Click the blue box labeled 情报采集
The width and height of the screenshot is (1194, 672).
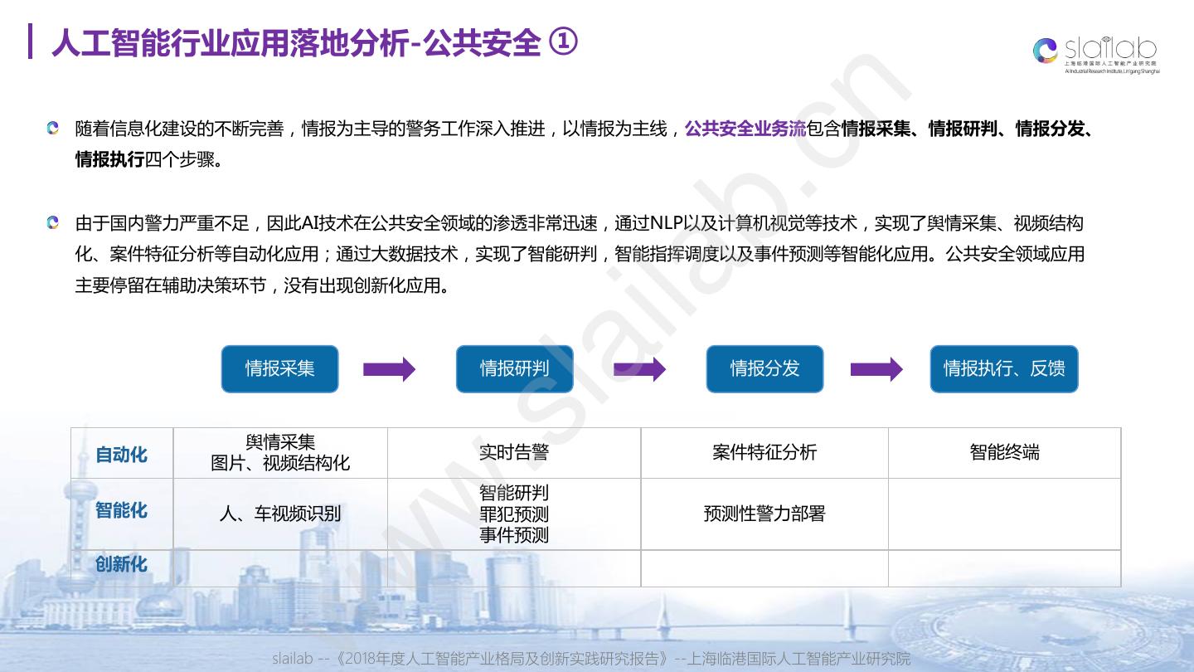279,368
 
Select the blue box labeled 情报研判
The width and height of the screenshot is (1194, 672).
514,368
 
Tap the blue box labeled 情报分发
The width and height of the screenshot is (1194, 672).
764,368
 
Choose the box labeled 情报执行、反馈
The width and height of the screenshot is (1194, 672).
1003,368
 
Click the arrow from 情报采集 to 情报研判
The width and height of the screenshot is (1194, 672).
389,369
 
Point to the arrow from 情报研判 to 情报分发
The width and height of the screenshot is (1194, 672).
639,369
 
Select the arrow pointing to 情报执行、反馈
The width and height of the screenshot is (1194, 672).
876,369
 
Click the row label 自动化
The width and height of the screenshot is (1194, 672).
121,454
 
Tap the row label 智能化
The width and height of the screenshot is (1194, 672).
121,510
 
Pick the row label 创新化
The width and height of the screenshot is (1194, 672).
121,564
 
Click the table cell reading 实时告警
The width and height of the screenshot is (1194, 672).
514,452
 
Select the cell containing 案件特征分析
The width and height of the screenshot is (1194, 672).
764,452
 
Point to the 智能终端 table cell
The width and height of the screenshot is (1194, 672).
1004,452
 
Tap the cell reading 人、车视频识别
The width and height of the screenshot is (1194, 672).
280,514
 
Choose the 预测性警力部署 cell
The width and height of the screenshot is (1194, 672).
764,514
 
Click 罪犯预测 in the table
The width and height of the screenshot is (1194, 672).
514,514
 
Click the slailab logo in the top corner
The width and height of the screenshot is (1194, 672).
1096,53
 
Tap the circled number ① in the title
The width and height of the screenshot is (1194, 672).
564,42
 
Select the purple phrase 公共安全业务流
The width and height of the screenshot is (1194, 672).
745,129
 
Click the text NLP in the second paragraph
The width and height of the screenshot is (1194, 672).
667,223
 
